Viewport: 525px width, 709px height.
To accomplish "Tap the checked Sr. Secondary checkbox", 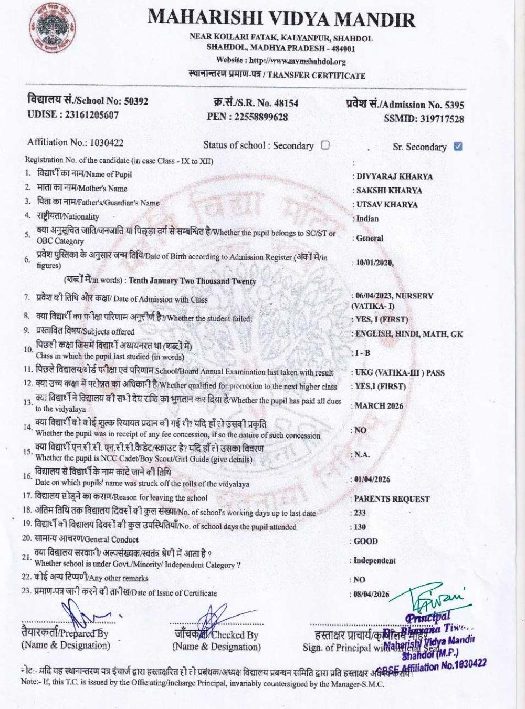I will pos(458,146).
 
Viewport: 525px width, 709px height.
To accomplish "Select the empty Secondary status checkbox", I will pos(325,145).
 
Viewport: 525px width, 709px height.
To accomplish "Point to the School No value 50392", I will pos(136,101).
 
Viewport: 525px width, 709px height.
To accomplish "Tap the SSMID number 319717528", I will pos(442,119).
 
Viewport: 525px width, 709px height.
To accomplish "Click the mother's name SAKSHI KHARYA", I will pos(389,191).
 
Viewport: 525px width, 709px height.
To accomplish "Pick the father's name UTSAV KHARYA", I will pos(387,205).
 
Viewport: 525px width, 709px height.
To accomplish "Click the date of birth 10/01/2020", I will pos(374,263).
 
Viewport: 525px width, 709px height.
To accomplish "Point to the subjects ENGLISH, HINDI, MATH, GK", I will pos(409,333).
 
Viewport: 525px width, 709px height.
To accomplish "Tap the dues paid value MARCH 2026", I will pos(379,405).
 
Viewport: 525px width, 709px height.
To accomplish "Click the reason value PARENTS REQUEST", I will pos(392,498).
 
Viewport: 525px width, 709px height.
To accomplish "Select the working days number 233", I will pos(360,513).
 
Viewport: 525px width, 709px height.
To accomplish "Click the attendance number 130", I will pos(360,527).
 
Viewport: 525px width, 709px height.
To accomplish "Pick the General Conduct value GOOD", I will pos(365,541).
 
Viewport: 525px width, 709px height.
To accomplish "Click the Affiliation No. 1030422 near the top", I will pos(107,142).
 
